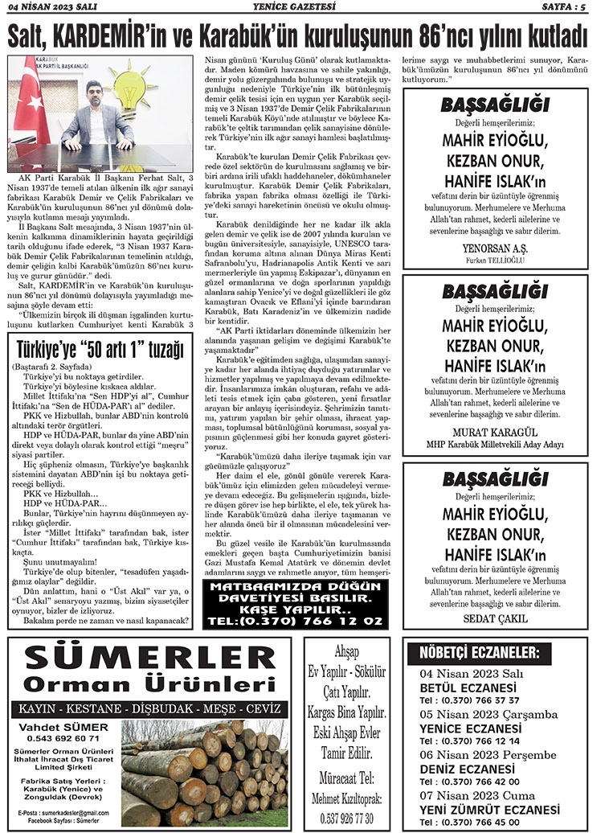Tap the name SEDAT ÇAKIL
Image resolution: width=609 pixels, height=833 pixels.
point(495,618)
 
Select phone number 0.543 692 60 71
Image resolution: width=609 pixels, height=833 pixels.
point(63,738)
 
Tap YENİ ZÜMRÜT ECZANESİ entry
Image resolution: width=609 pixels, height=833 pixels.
point(489,810)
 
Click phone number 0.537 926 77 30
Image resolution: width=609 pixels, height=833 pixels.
point(348,817)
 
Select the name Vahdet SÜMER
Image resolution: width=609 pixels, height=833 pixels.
point(63,726)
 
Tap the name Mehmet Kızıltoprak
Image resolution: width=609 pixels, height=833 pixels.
point(348,799)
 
